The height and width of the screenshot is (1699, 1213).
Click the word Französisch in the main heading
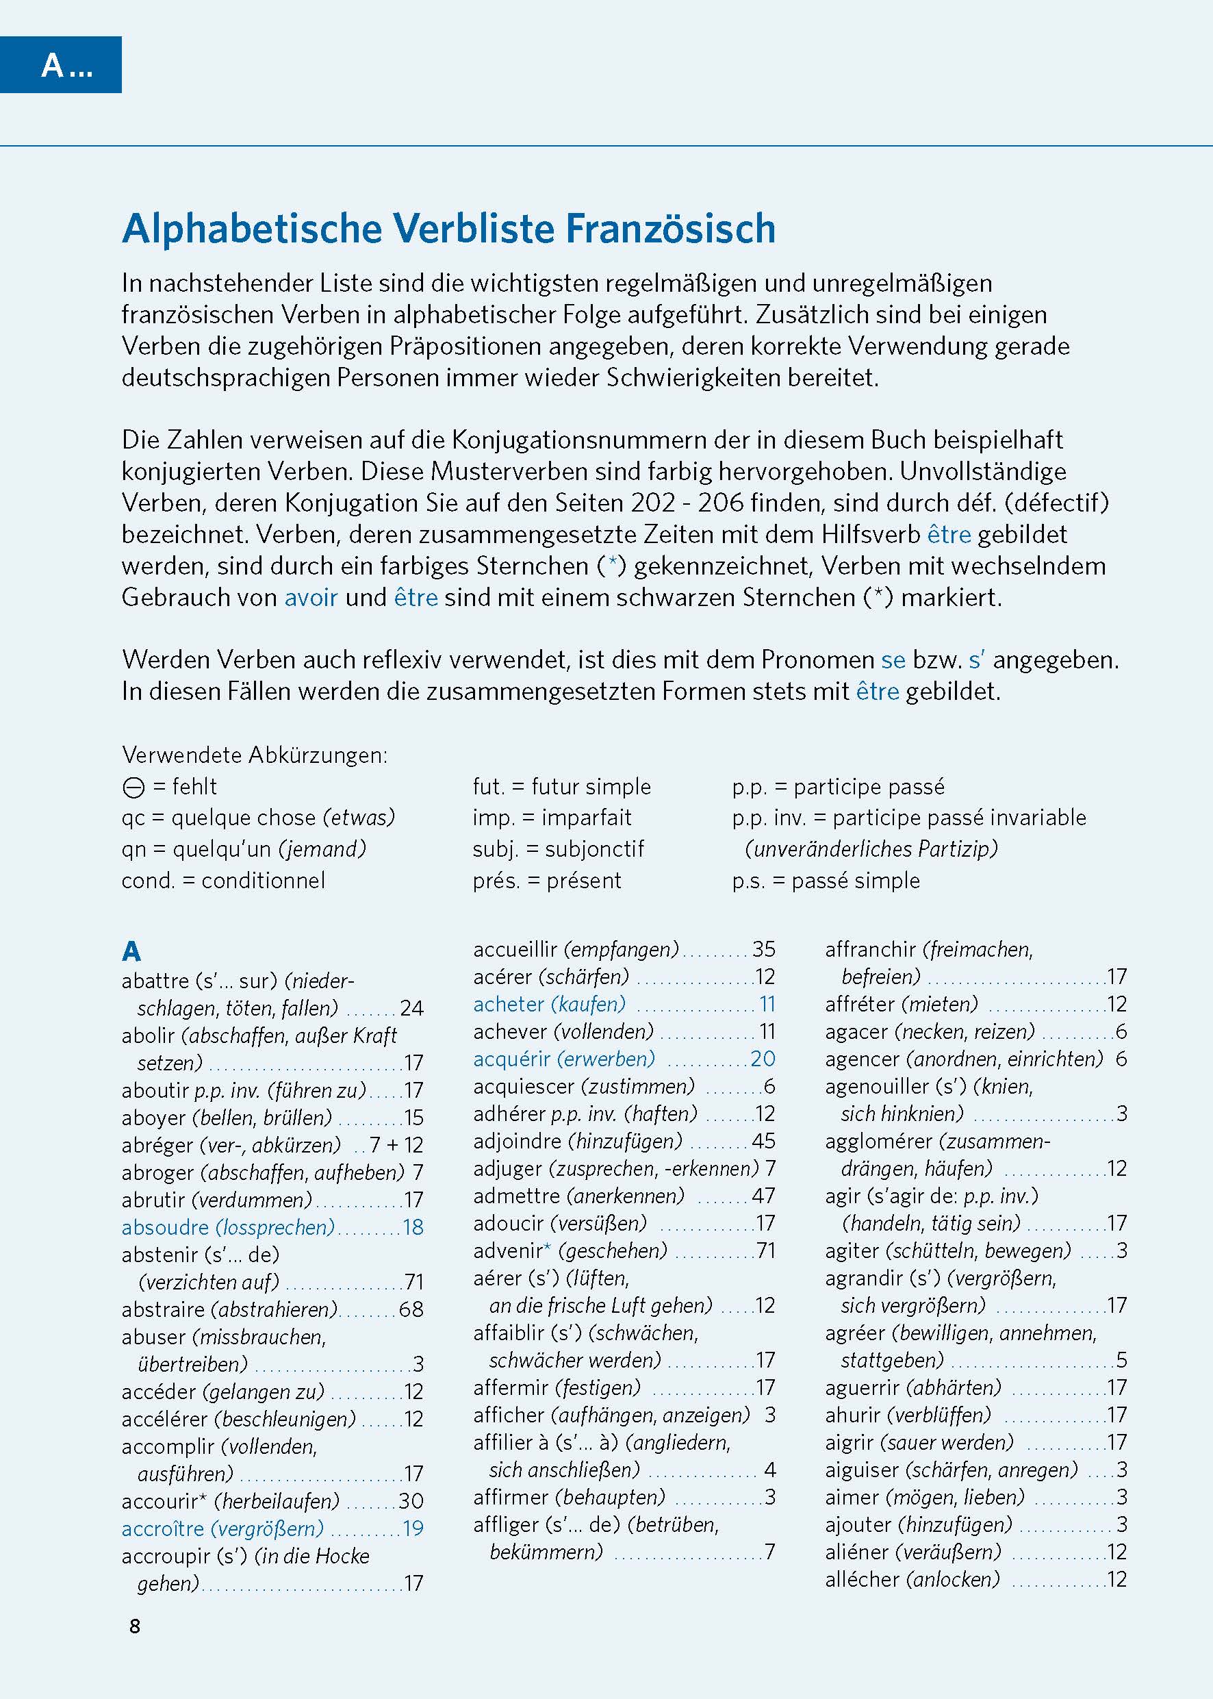click(670, 229)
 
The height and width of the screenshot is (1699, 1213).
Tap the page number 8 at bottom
click(134, 1626)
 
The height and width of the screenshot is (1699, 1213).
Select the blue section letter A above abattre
click(131, 951)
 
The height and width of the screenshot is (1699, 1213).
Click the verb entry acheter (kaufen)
click(549, 1004)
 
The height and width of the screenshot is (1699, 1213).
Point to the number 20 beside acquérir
click(763, 1059)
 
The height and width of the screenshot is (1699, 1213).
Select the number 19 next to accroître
click(412, 1528)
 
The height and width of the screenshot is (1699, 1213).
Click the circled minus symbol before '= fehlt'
click(133, 788)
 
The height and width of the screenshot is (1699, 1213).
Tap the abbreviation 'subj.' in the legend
click(495, 848)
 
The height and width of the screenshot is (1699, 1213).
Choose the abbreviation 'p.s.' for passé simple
click(748, 880)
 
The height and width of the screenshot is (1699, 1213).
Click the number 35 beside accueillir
click(763, 950)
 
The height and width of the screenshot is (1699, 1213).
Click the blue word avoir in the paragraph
click(311, 598)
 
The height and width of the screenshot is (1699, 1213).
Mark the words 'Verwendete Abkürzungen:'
click(255, 755)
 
